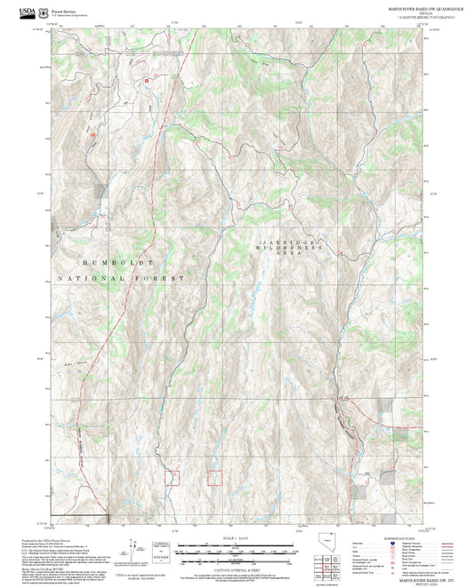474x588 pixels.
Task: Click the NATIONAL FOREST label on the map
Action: click(x=121, y=278)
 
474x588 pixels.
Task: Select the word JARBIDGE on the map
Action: click(x=283, y=242)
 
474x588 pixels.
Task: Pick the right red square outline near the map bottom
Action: click(x=214, y=477)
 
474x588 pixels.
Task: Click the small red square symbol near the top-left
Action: click(x=147, y=81)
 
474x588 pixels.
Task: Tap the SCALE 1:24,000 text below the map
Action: click(x=236, y=538)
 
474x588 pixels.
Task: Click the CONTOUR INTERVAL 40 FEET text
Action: click(x=236, y=569)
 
